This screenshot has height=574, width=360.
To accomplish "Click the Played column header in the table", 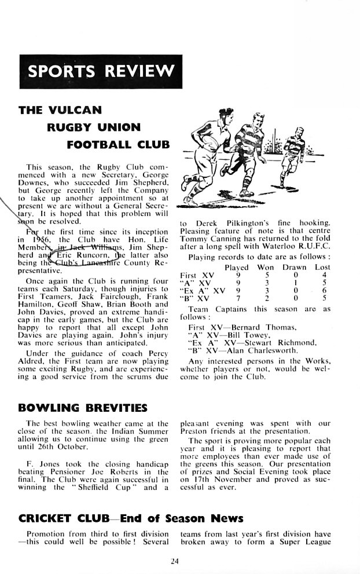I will [x=236, y=267].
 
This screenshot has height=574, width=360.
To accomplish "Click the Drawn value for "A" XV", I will [x=295, y=283].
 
